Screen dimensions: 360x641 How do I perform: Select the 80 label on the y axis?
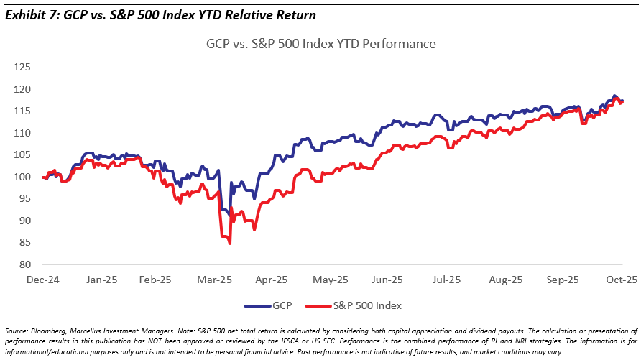[x=24, y=264]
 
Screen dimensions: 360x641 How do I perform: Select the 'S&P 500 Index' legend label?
[x=369, y=305]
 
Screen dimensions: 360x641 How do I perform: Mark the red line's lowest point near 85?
[x=229, y=243]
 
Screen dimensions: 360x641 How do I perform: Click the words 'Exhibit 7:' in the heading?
[x=29, y=14]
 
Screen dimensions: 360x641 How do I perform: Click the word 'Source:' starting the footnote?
[x=15, y=329]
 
